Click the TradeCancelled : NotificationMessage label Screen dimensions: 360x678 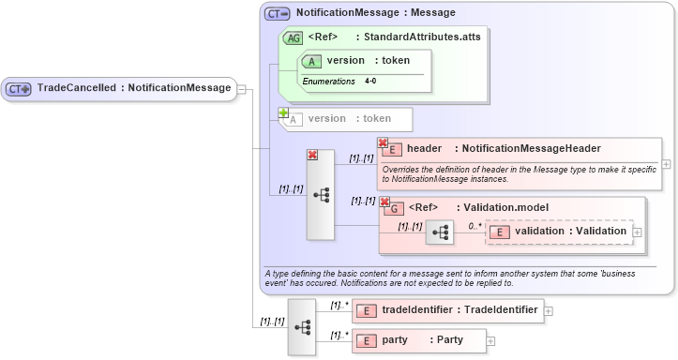coord(133,88)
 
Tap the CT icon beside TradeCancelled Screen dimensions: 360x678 coord(19,89)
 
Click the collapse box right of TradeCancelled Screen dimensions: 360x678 coord(242,89)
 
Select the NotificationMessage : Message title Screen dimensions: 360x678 coord(375,13)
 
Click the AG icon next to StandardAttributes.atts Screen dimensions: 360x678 coord(293,37)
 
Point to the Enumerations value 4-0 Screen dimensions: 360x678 coord(370,82)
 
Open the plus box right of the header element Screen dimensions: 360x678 coord(667,162)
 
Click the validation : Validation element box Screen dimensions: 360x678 coord(558,232)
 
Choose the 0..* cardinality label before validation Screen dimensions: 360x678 coord(475,226)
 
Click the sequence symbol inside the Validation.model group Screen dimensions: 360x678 coord(439,232)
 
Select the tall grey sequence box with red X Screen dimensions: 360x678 coord(321,195)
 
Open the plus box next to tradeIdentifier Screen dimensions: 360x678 coord(549,310)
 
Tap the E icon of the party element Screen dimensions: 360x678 coord(365,340)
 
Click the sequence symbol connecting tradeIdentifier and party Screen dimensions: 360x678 coord(302,326)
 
